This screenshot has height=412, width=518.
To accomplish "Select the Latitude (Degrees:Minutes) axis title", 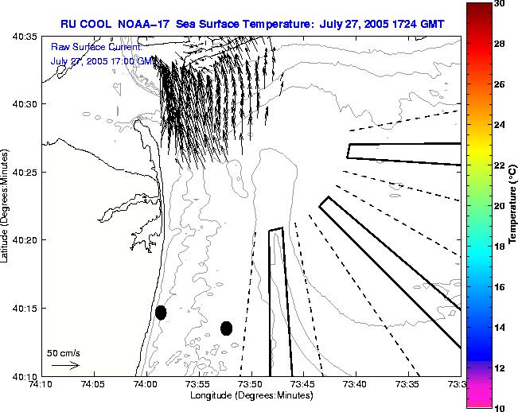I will (x=7, y=205).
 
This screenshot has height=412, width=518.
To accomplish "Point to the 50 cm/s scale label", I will (x=64, y=352).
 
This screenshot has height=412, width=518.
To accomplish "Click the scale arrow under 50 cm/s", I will (x=64, y=366).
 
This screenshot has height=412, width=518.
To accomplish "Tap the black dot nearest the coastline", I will (x=161, y=313).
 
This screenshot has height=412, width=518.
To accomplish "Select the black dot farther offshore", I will (x=226, y=328).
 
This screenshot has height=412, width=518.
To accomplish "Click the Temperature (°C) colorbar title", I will (x=514, y=205).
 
